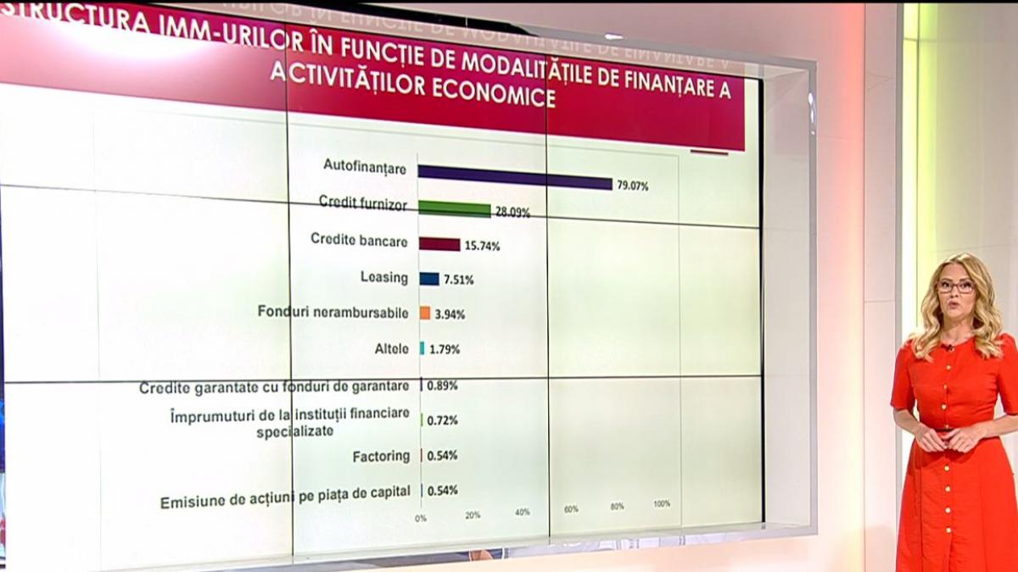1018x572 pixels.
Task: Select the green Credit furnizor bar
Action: click(x=454, y=209)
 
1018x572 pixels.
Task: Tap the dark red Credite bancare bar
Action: click(x=439, y=245)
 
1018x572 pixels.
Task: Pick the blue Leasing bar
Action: click(x=429, y=279)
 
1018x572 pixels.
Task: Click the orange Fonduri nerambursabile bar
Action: click(x=425, y=313)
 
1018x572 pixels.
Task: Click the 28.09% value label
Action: click(x=512, y=213)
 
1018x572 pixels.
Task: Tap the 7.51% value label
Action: click(x=458, y=280)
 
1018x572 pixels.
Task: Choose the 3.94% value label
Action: click(x=450, y=314)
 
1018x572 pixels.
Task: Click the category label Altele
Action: click(x=391, y=348)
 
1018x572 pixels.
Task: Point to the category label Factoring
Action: click(x=381, y=456)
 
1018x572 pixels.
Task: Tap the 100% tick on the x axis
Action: click(x=662, y=503)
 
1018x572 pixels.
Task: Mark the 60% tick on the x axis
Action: click(x=571, y=508)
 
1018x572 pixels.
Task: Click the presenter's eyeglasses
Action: click(x=955, y=286)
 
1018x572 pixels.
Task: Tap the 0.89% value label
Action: click(x=442, y=385)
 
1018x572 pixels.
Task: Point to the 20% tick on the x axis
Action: click(x=473, y=514)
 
